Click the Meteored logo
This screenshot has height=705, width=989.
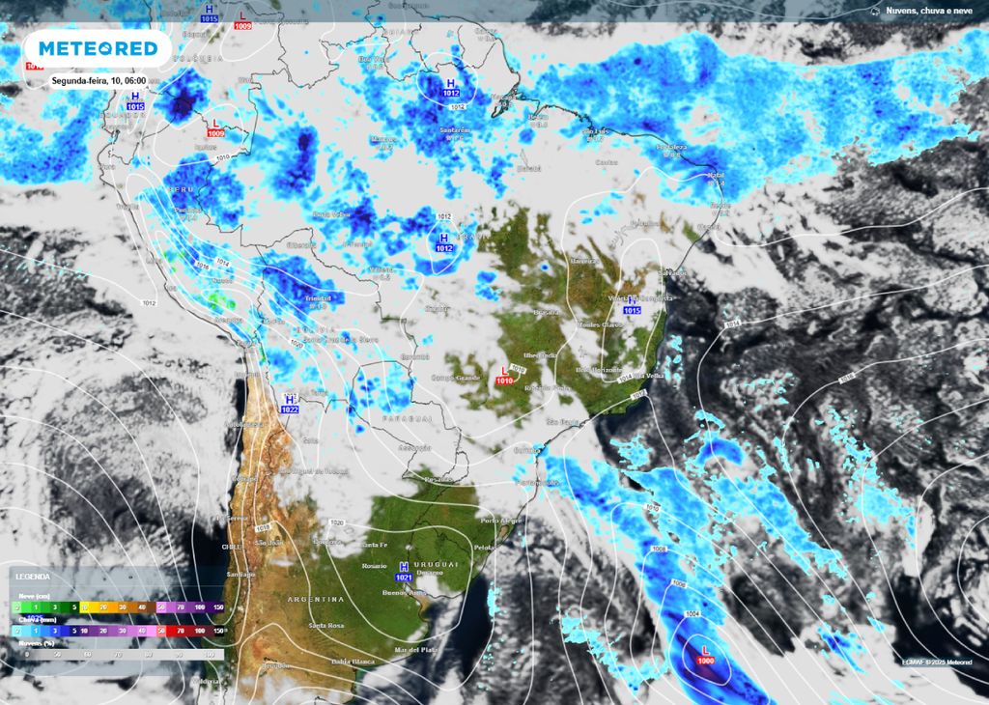[x=97, y=49]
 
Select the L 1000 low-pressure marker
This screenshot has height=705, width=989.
[x=706, y=655]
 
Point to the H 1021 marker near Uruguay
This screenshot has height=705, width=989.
[x=405, y=571]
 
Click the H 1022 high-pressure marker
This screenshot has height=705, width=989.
[x=290, y=404]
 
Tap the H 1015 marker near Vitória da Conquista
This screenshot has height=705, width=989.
[x=633, y=305]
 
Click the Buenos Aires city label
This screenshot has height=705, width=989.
[x=407, y=593]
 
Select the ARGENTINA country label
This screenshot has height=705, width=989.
[x=316, y=600]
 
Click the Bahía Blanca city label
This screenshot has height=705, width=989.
[x=353, y=662]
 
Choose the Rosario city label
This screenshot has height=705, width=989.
[x=374, y=566]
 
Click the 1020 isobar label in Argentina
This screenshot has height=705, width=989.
[x=336, y=522]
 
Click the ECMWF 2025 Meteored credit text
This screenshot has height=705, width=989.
[x=936, y=662]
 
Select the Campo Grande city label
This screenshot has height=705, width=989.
[x=455, y=377]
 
